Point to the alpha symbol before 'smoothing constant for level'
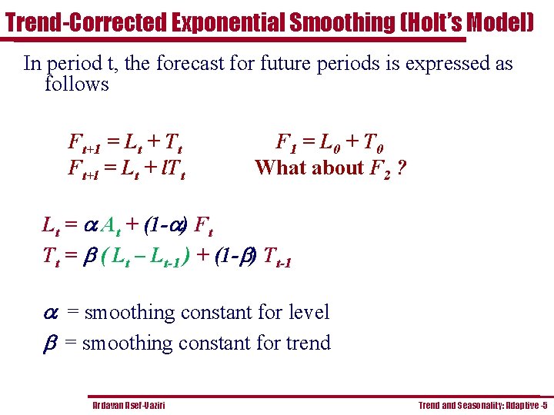tap(50, 313)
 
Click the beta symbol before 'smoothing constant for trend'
tap(49, 344)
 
